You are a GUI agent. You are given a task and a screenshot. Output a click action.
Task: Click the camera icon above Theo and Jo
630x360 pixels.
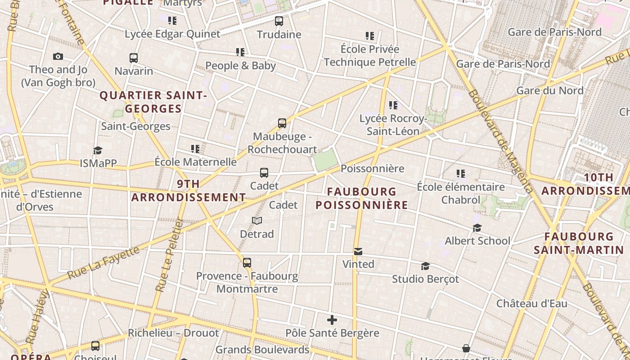click(x=58, y=56)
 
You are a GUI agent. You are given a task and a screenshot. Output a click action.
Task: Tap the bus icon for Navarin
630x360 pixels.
click(x=134, y=58)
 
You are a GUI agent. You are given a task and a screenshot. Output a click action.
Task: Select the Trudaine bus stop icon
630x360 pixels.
click(x=279, y=21)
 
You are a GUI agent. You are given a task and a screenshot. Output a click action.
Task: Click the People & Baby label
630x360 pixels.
click(x=240, y=66)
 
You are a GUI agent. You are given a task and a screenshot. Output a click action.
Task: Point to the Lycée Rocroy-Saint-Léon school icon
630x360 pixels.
click(x=393, y=105)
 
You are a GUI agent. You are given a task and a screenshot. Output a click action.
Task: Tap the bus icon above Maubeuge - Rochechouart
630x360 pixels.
click(x=282, y=123)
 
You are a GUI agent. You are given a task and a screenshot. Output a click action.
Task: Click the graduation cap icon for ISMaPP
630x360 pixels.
click(x=98, y=150)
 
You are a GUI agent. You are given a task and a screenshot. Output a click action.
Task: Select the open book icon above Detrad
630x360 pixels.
click(x=257, y=220)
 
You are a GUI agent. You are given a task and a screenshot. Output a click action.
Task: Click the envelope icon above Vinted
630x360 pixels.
click(x=358, y=251)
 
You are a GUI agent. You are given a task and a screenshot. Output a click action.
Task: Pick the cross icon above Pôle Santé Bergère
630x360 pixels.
click(x=332, y=320)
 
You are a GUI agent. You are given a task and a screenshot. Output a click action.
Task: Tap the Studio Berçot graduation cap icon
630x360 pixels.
click(x=425, y=266)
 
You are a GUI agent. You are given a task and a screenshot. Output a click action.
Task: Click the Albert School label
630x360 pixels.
click(x=477, y=241)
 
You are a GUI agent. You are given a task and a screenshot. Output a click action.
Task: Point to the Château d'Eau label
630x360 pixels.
click(x=531, y=303)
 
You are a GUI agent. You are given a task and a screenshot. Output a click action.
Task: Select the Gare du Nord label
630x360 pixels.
click(x=549, y=90)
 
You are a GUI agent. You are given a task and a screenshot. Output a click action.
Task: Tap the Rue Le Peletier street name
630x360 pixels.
click(x=169, y=255)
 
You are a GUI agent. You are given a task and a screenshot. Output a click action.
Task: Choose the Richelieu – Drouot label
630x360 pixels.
click(x=173, y=333)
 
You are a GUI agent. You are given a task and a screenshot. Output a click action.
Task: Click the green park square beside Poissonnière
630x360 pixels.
click(x=325, y=160)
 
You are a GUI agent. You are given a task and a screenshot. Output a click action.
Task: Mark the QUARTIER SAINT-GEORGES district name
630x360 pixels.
click(x=153, y=102)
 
